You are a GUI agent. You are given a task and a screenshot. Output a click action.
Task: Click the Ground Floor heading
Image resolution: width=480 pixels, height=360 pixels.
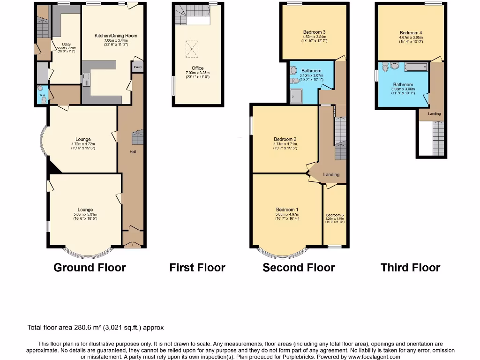click(x=90, y=268)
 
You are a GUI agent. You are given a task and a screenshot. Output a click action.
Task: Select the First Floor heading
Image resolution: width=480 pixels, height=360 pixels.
click(x=197, y=268)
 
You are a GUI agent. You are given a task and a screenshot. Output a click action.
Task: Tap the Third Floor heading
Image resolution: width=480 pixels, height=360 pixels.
click(x=410, y=268)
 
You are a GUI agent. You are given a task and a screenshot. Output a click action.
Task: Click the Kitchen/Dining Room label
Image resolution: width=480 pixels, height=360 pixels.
click(x=116, y=36)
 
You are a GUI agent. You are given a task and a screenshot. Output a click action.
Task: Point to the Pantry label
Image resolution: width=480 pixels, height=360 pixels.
click(x=137, y=67)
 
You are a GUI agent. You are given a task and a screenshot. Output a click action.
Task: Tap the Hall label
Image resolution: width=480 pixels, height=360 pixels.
click(x=133, y=151)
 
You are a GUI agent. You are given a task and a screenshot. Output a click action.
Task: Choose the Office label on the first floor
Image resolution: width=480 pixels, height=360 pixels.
click(x=197, y=68)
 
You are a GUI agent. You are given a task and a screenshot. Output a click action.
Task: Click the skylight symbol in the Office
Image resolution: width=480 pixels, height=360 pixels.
click(x=192, y=47)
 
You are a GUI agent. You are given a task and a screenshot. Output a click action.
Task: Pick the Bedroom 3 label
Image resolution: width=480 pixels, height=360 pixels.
click(x=314, y=32)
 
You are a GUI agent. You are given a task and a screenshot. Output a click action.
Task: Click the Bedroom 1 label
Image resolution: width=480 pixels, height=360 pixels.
click(x=287, y=210)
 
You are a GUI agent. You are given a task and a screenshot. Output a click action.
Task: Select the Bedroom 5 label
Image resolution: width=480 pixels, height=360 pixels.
click(x=335, y=215)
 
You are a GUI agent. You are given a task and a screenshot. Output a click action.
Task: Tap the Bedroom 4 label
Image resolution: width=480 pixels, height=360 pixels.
click(x=411, y=33)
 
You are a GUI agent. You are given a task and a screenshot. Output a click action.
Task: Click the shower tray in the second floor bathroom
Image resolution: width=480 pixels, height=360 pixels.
click(x=296, y=96)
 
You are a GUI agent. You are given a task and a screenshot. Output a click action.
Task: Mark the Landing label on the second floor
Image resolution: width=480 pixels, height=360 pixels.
click(x=331, y=175)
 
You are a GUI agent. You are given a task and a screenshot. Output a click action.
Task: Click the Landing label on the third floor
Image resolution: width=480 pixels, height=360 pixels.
click(x=434, y=114)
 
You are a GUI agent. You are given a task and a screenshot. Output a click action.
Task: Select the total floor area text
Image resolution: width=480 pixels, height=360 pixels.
click(x=96, y=328)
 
